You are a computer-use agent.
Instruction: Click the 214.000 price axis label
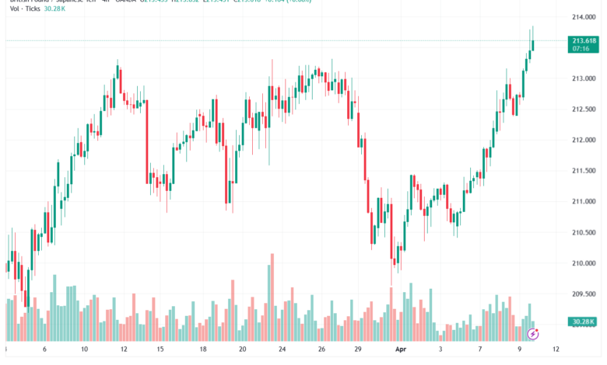(583, 17)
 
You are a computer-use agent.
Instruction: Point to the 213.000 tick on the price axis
(583, 78)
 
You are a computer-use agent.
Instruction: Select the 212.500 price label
(583, 109)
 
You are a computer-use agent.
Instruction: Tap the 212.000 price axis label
(583, 140)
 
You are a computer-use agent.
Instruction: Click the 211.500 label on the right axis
(583, 171)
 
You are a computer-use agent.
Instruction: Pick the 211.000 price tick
(583, 202)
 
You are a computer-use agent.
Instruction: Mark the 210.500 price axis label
(583, 232)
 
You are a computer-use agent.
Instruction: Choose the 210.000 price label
(583, 263)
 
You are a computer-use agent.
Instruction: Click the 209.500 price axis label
(583, 294)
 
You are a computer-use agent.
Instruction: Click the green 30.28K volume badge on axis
(583, 321)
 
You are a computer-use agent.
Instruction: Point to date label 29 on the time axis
(357, 349)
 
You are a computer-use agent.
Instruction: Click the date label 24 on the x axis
(283, 349)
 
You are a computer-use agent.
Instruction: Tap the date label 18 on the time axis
(202, 349)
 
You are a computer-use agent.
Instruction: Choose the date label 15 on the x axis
(160, 349)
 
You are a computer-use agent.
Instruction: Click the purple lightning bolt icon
(533, 334)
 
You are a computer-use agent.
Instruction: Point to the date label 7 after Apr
(481, 349)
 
